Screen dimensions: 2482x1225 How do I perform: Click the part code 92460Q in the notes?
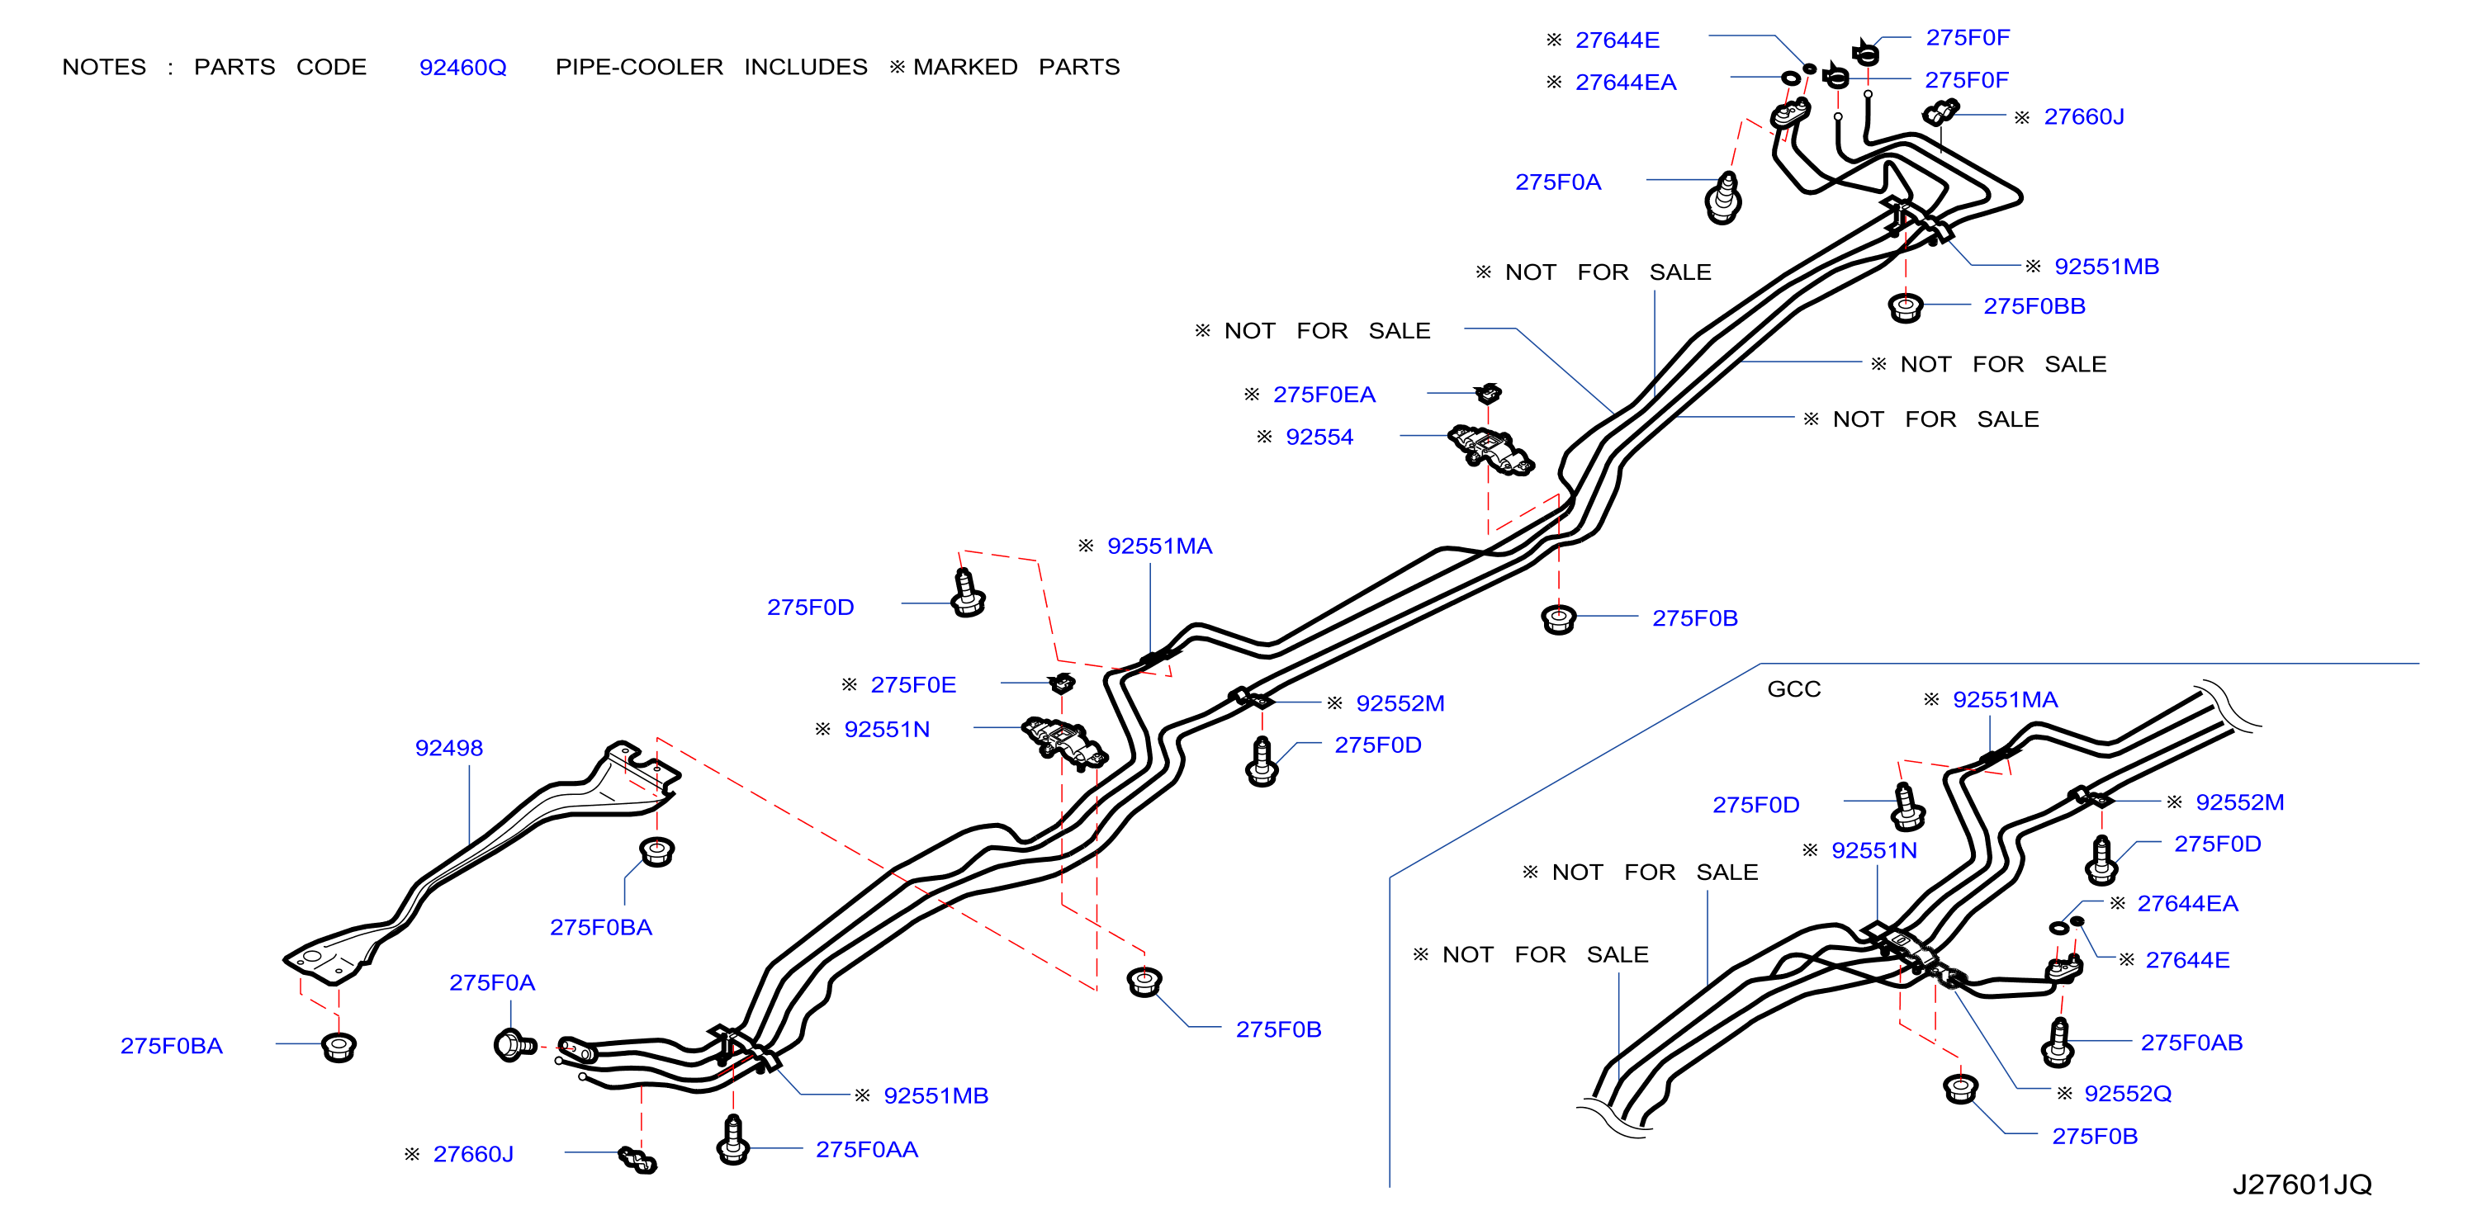pyautogui.click(x=462, y=68)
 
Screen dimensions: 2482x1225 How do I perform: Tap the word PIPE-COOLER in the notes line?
pyautogui.click(x=639, y=68)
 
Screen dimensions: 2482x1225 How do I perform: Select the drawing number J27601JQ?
pyautogui.click(x=2302, y=1185)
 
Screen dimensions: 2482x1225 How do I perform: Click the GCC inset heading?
pyautogui.click(x=1794, y=689)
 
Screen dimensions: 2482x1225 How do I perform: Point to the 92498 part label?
pyautogui.click(x=449, y=748)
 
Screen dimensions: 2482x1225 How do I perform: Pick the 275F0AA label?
pyautogui.click(x=867, y=1150)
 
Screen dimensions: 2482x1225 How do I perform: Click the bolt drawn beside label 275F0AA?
pyautogui.click(x=733, y=1140)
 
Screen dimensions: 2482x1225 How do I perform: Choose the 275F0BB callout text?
pyautogui.click(x=2034, y=306)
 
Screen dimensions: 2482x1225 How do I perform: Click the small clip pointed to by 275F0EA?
pyautogui.click(x=1490, y=392)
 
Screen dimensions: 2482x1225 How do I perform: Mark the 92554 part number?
pyautogui.click(x=1319, y=437)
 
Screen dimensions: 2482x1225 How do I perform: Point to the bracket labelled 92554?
pyautogui.click(x=1490, y=450)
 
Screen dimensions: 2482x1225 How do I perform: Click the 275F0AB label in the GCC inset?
pyautogui.click(x=2191, y=1043)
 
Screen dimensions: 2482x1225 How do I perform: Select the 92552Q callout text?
pyautogui.click(x=2128, y=1094)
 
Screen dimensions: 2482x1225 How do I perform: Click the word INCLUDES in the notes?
pyautogui.click(x=806, y=68)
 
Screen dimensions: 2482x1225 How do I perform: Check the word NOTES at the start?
pyautogui.click(x=104, y=68)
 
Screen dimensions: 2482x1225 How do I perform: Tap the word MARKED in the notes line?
pyautogui.click(x=965, y=68)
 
